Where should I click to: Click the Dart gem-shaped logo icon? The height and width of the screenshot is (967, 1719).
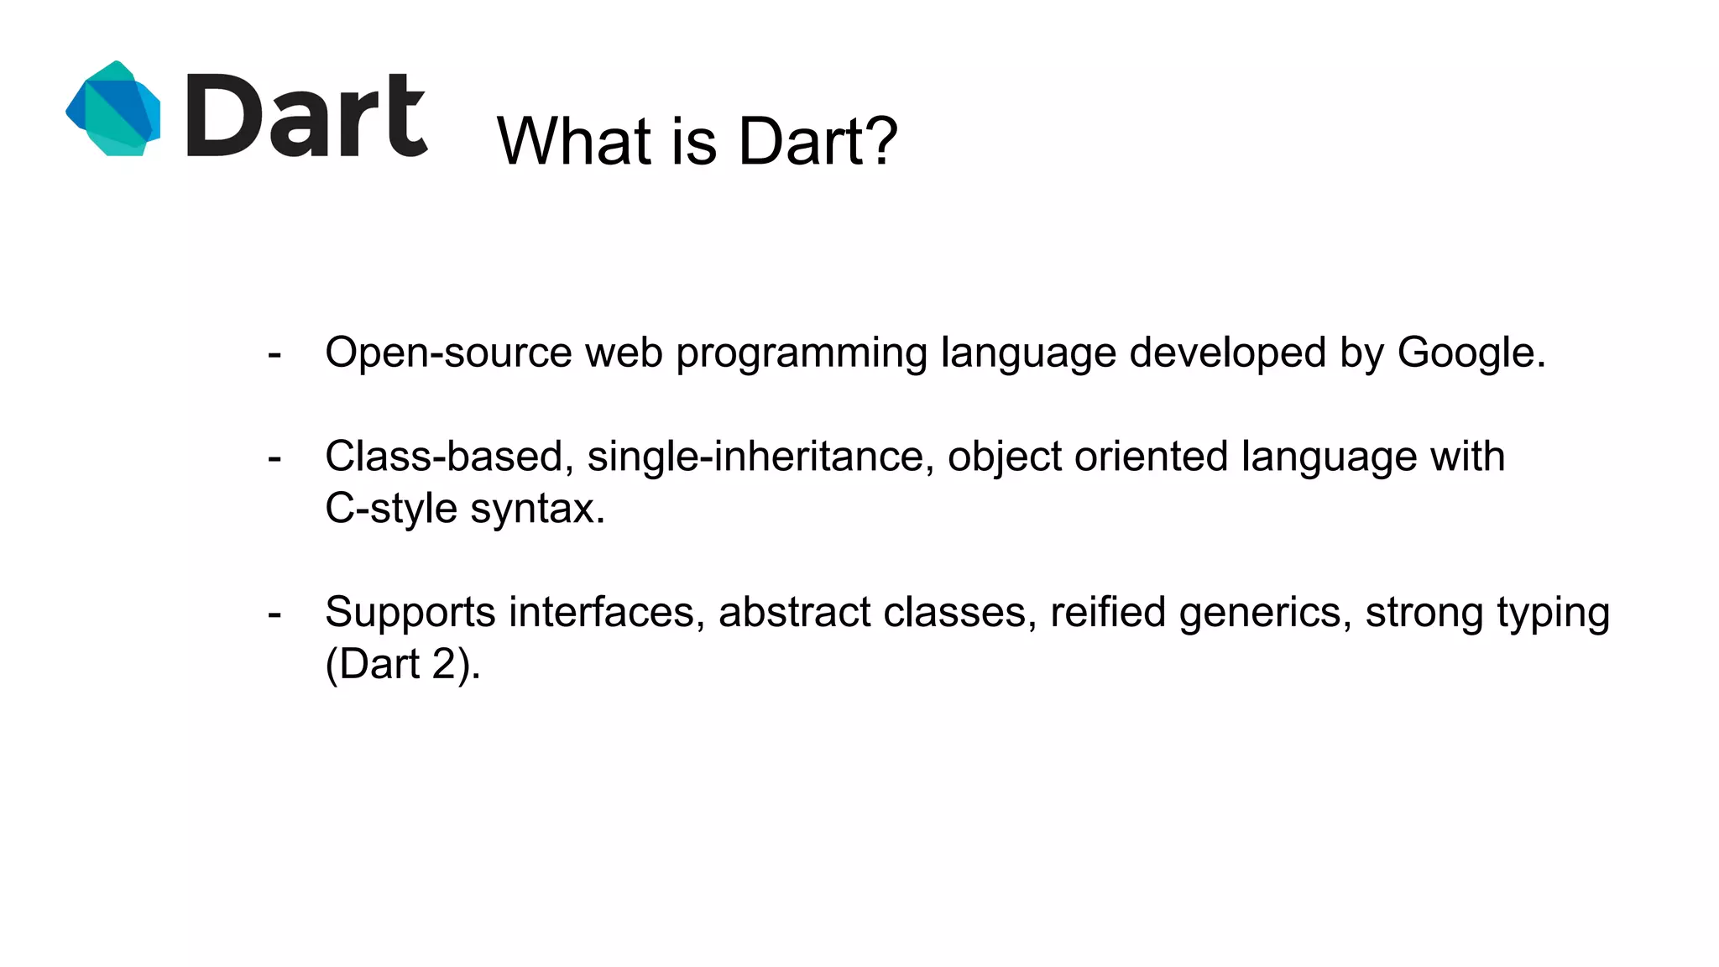pyautogui.click(x=114, y=109)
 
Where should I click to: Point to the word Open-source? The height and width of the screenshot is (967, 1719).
pyautogui.click(x=448, y=353)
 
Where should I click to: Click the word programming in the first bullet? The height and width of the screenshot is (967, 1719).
pyautogui.click(x=801, y=353)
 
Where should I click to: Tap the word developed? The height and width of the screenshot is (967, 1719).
pyautogui.click(x=1227, y=353)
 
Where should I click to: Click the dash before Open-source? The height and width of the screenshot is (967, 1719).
pyautogui.click(x=274, y=354)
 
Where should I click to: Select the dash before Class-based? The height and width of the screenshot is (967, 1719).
pyautogui.click(x=274, y=458)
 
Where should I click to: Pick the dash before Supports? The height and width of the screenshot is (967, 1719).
pyautogui.click(x=274, y=614)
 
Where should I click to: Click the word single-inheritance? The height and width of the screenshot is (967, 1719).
pyautogui.click(x=760, y=457)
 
